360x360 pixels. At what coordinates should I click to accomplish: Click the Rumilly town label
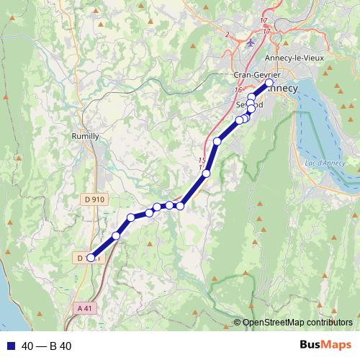[86, 135]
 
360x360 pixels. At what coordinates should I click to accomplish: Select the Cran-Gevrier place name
[255, 74]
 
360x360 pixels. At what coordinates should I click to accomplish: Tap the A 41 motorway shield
[85, 307]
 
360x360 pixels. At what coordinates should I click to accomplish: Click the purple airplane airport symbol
[251, 42]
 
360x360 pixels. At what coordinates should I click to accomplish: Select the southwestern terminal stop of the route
[91, 257]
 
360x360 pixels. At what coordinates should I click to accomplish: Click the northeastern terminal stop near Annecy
[269, 84]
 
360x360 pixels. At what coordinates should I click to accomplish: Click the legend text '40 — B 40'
[46, 346]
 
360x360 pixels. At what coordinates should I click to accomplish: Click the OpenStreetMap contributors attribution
[297, 322]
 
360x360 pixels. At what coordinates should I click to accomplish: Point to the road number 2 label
[227, 34]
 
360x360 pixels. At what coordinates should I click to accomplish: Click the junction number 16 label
[238, 90]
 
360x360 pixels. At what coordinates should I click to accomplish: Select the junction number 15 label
[202, 160]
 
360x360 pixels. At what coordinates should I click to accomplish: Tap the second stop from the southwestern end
[116, 235]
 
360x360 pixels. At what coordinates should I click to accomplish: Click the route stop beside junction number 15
[207, 173]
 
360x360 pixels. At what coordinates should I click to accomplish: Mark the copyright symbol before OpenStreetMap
[237, 322]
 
